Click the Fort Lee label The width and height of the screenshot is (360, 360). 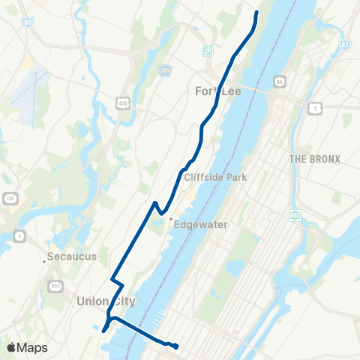coord(204,91)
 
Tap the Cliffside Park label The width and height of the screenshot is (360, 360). coord(211,178)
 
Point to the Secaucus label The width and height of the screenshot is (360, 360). coord(72,257)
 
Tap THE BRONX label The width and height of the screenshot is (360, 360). coord(313,159)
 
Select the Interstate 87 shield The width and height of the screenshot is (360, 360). coord(344,45)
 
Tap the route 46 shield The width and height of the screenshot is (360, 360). coord(121,101)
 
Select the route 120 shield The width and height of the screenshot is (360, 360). coord(10,198)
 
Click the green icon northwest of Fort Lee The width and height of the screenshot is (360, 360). coord(208,51)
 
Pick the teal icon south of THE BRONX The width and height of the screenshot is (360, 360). coord(295,216)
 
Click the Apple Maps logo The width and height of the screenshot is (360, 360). coord(27,347)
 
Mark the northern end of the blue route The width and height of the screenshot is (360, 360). coord(256,12)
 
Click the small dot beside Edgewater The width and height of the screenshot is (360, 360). coord(170,220)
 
